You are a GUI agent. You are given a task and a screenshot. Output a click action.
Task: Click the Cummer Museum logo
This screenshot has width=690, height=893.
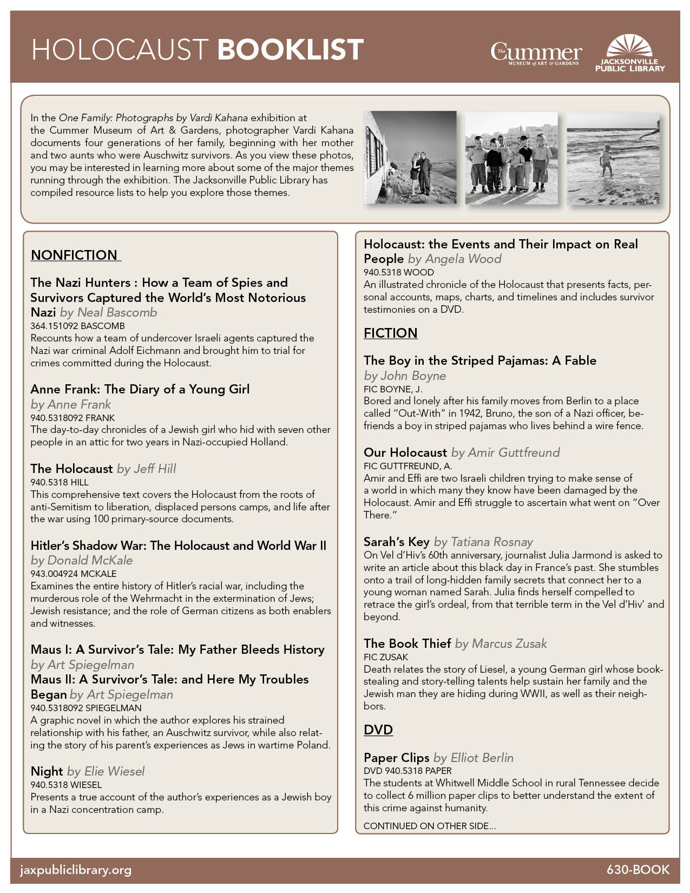(x=536, y=54)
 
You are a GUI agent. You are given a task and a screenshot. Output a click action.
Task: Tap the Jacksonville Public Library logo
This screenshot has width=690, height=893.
(x=630, y=54)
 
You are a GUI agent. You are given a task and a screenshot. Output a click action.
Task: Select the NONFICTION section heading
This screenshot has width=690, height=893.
(x=75, y=255)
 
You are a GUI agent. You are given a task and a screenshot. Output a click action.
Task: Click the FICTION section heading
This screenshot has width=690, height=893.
(x=390, y=333)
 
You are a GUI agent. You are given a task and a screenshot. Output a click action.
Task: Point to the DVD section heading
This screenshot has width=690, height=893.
(x=378, y=730)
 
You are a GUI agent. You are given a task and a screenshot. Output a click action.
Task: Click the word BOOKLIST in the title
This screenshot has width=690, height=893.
(x=290, y=50)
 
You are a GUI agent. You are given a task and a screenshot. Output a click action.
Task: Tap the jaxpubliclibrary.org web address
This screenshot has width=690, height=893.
(x=76, y=870)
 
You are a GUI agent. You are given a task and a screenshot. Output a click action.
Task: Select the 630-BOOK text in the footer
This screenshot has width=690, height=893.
(x=638, y=870)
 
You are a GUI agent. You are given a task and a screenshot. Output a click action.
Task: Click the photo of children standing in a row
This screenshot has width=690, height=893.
(x=511, y=158)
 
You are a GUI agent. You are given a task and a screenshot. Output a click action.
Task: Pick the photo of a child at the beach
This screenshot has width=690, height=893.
(x=613, y=158)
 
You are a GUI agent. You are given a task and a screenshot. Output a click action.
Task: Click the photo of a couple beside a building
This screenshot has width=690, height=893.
(x=410, y=158)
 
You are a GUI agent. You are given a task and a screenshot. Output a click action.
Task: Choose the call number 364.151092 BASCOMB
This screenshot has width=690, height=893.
(x=77, y=326)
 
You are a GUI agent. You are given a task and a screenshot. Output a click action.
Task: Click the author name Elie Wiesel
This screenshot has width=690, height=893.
(x=114, y=771)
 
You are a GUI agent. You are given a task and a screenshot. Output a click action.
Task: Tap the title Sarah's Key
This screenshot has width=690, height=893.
(x=396, y=542)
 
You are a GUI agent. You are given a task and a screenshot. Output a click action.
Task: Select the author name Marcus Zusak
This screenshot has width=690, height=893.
(x=509, y=644)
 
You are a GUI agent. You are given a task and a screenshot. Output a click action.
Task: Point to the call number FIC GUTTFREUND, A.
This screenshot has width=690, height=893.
(x=408, y=465)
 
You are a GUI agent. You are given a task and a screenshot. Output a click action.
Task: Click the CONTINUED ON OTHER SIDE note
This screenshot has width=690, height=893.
(x=430, y=826)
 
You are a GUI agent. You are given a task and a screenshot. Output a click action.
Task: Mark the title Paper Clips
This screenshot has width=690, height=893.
(x=396, y=758)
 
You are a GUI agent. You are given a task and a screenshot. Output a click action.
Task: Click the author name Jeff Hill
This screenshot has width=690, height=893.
(x=155, y=469)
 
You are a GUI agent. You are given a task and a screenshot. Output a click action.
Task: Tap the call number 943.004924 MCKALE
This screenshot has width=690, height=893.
(x=74, y=574)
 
